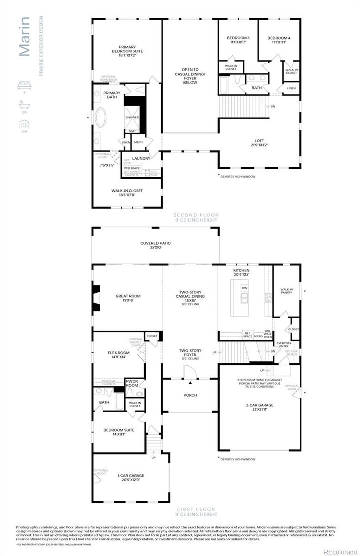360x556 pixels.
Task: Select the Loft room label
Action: (260, 143)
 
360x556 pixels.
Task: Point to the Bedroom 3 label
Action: (238, 40)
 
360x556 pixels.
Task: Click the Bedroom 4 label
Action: (278, 40)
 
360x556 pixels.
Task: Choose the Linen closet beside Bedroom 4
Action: (291, 88)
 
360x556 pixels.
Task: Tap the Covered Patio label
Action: (155, 245)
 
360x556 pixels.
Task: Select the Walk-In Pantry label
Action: (286, 291)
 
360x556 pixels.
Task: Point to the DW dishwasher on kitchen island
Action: (244, 289)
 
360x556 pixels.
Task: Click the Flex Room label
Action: (119, 355)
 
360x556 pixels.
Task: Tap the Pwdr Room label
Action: (132, 383)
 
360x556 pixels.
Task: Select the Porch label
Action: (190, 395)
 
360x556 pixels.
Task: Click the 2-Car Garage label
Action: (260, 407)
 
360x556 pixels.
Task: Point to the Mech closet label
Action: (138, 142)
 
